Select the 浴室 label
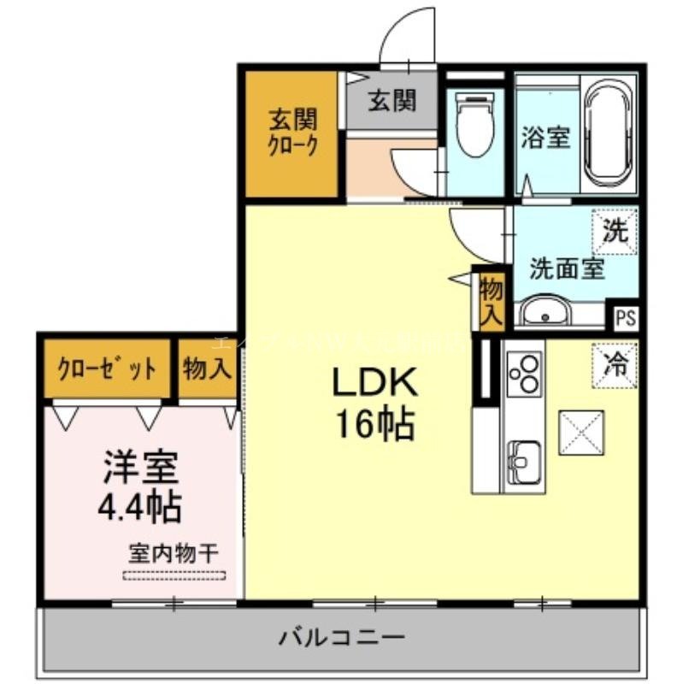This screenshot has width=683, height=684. point(545,137)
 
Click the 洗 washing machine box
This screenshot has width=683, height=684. point(615,231)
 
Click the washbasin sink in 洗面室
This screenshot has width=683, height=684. point(544,312)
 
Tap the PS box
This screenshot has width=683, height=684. point(626,318)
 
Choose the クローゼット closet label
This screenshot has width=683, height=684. point(108,369)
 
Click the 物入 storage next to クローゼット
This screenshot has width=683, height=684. point(208,369)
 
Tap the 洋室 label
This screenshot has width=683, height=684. point(141,467)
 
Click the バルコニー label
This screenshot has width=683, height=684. point(341,637)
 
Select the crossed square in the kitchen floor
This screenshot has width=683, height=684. point(582,433)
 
